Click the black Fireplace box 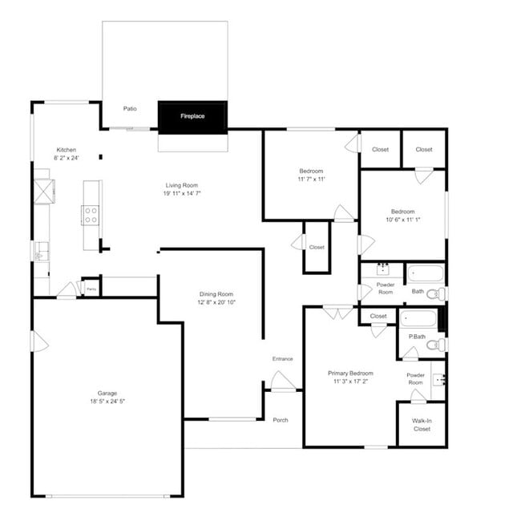coord(192,116)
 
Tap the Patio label coord(129,108)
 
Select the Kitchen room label coord(67,150)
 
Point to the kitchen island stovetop coord(91,214)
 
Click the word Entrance coord(282,358)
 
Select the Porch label coord(281,420)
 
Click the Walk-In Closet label coord(422,425)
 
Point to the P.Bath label coord(416,337)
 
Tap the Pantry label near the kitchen coord(91,288)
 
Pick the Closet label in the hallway coord(317,248)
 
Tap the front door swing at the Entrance coord(282,382)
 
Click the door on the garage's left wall coord(38,342)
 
